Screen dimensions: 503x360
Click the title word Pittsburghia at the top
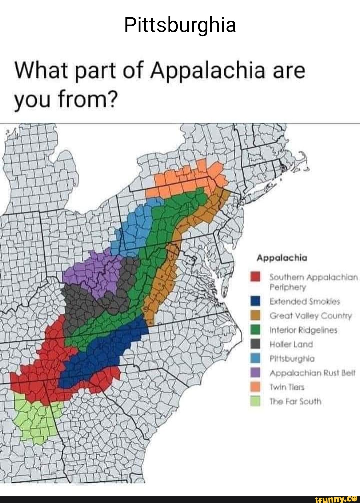click(x=180, y=25)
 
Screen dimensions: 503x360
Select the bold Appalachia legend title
click(x=282, y=258)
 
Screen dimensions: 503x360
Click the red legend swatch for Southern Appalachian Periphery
click(x=255, y=277)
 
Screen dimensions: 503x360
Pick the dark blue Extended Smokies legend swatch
click(x=255, y=301)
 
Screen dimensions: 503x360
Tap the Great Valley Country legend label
click(x=311, y=316)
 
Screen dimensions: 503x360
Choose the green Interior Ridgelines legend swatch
click(x=255, y=330)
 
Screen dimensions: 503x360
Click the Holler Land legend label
click(x=291, y=344)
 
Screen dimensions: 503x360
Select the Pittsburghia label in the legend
click(x=292, y=359)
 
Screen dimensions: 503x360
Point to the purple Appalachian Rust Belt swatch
click(x=255, y=373)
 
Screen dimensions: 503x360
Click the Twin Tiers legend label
click(x=287, y=387)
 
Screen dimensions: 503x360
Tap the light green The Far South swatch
click(x=255, y=401)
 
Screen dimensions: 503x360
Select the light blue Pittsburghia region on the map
click(x=137, y=227)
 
